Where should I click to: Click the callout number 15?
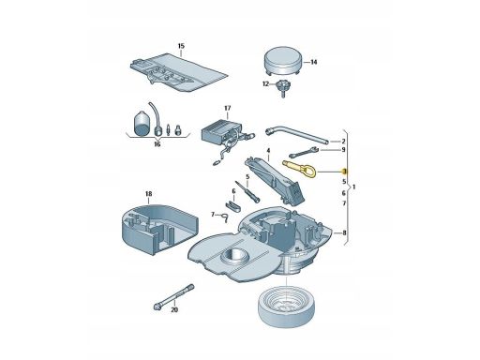click(x=181, y=46)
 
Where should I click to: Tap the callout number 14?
click(x=314, y=62)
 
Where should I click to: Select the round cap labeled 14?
click(x=283, y=61)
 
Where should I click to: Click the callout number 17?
click(x=228, y=108)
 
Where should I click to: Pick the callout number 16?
click(x=157, y=144)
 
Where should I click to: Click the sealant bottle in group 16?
click(x=142, y=123)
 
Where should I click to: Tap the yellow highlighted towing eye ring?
click(x=299, y=169)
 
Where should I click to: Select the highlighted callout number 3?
click(x=344, y=172)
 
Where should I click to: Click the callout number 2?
click(x=343, y=142)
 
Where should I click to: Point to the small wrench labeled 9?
click(x=304, y=153)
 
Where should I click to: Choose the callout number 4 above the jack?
click(x=268, y=151)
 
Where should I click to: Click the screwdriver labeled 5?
click(x=248, y=191)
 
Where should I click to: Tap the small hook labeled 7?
click(x=225, y=217)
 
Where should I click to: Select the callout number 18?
click(x=148, y=194)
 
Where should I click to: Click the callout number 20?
click(x=174, y=309)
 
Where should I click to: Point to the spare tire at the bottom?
click(x=286, y=307)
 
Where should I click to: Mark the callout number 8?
click(x=344, y=232)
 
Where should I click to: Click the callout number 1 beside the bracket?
click(x=353, y=187)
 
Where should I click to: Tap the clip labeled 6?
click(x=232, y=204)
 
